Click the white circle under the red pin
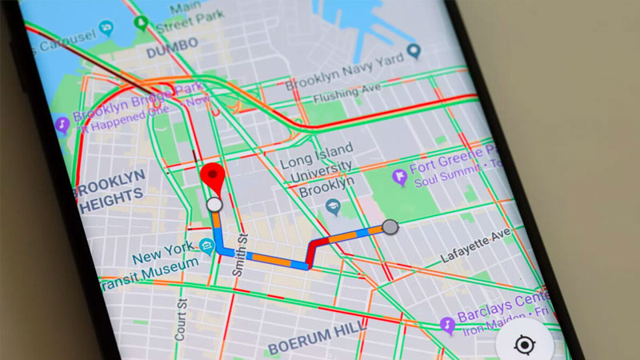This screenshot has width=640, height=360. (214, 205)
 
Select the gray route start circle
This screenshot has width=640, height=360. (390, 227)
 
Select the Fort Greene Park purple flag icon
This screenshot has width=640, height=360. (400, 177)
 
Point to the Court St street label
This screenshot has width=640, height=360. (182, 319)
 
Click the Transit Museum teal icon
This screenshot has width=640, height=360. (207, 246)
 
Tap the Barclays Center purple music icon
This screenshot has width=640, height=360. (447, 325)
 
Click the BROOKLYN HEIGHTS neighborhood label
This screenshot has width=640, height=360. (110, 185)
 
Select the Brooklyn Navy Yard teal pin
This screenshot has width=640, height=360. (413, 52)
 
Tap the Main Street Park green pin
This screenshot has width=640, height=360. (142, 23)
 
